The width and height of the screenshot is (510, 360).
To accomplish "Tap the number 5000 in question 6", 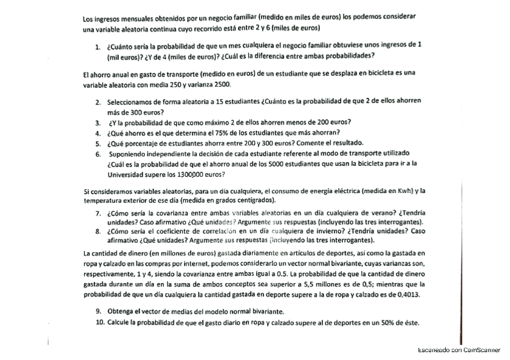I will [x=283, y=162].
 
